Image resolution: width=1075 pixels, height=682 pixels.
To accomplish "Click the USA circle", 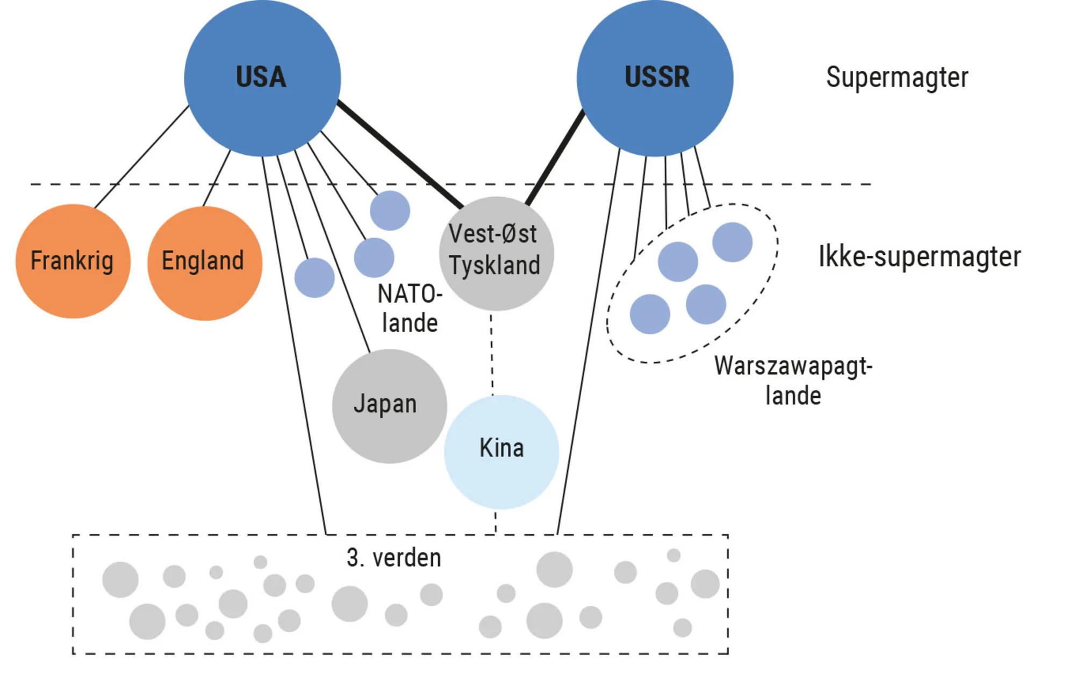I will coord(262,78).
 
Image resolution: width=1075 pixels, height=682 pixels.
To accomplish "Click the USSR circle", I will coord(655,78).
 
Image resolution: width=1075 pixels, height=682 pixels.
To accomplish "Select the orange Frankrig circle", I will coord(73,261).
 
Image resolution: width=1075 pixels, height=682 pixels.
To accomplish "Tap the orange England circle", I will coord(204,263).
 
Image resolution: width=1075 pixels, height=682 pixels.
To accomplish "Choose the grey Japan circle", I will coord(389,406).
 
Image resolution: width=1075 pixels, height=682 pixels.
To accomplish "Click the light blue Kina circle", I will coord(501,452).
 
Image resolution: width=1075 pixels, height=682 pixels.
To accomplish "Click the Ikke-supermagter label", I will coord(919,257).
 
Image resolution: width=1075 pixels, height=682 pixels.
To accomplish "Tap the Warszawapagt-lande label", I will coord(793,381).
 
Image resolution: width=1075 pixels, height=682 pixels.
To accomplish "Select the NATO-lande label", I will coord(410,308).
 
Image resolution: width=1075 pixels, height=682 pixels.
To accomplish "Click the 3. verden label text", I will coord(393,558).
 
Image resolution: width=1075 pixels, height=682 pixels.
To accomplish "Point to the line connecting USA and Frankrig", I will coord(141,156).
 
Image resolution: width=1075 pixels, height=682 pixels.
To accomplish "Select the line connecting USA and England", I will coord(217,178).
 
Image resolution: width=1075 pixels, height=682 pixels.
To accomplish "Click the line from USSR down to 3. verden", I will coord(588,342).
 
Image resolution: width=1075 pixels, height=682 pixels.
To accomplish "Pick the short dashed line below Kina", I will coord(495,522).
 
